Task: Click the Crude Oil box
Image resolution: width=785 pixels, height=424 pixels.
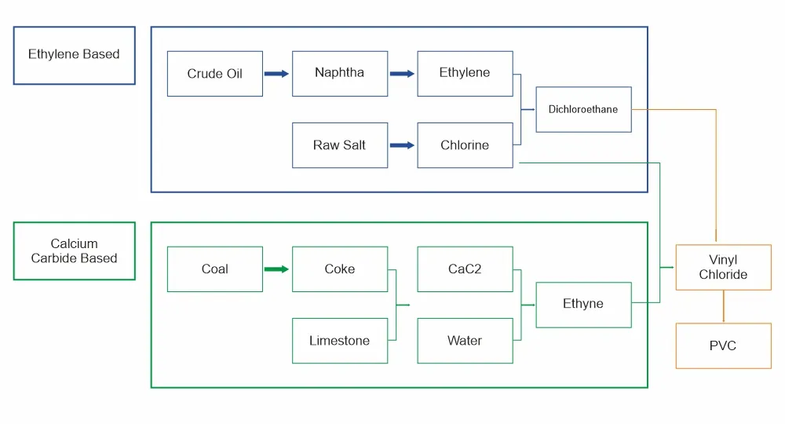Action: click(215, 74)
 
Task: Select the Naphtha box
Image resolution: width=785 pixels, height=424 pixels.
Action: click(340, 74)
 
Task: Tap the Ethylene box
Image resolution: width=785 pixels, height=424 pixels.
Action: click(465, 74)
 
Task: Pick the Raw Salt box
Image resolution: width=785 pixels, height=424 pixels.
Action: click(340, 145)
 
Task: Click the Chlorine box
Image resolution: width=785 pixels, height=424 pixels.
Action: click(465, 145)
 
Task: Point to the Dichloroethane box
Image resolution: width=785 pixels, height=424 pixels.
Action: click(584, 110)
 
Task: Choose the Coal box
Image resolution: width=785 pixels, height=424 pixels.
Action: click(215, 269)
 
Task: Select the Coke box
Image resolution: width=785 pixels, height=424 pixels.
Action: click(340, 269)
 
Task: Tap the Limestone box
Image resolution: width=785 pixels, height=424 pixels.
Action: click(340, 341)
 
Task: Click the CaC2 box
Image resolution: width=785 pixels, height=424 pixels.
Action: click(465, 269)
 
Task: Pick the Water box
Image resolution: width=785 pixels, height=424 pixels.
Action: click(465, 341)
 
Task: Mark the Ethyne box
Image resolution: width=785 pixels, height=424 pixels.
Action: click(584, 305)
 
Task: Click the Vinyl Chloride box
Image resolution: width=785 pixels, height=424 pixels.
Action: click(724, 267)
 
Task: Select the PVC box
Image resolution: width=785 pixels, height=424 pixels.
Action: click(724, 346)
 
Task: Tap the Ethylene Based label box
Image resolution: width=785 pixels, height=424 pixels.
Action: click(74, 56)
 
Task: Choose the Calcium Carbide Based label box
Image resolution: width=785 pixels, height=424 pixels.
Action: click(74, 250)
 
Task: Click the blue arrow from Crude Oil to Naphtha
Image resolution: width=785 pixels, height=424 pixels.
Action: click(277, 74)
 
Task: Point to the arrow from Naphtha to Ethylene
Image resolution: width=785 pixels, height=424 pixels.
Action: click(402, 74)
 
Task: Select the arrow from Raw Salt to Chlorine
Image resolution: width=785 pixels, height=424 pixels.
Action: click(402, 145)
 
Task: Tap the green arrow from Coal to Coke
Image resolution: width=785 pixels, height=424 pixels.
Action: click(277, 269)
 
